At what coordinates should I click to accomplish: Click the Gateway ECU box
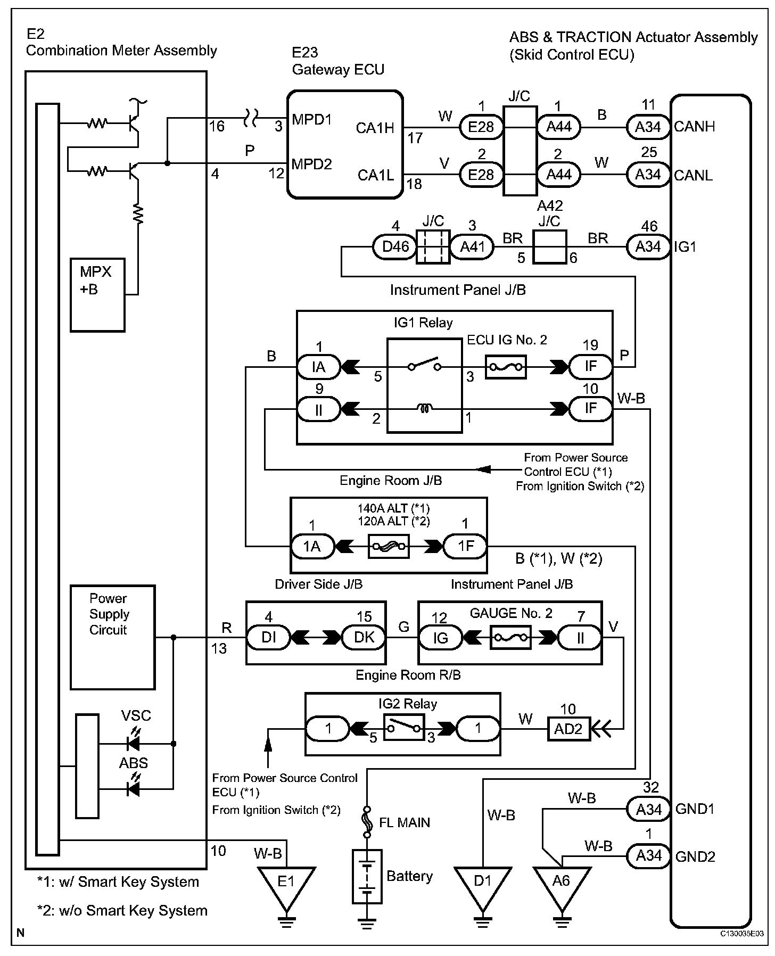(x=345, y=144)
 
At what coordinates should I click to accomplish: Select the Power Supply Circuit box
(x=113, y=637)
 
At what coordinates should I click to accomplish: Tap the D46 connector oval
(x=395, y=247)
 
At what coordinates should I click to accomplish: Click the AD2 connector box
(x=568, y=729)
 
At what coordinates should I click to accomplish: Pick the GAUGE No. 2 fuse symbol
(x=510, y=637)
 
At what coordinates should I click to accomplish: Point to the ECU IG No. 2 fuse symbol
(x=506, y=367)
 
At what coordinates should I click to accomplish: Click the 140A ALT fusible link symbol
(x=389, y=546)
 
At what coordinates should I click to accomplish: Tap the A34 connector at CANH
(x=648, y=127)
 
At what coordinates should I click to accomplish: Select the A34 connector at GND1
(x=648, y=810)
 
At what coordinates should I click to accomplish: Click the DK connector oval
(x=364, y=637)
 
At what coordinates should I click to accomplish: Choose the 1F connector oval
(x=465, y=546)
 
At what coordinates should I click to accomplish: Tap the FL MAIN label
(x=404, y=822)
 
